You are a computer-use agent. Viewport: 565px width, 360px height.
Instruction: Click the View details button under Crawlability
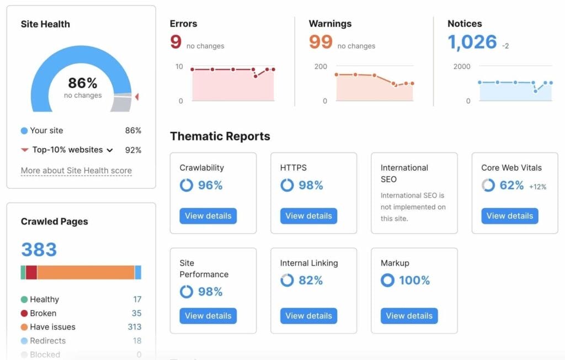[x=208, y=216]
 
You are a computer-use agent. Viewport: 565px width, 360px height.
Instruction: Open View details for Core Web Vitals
[x=509, y=216]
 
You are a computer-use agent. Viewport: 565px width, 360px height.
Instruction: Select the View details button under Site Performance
[x=208, y=316]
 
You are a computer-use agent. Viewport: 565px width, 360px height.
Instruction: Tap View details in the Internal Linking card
[x=308, y=316]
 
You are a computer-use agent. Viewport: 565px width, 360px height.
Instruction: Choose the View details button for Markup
[x=409, y=316]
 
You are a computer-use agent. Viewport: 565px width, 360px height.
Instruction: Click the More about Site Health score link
[x=76, y=171]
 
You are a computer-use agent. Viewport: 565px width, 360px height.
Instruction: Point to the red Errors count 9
[x=176, y=43]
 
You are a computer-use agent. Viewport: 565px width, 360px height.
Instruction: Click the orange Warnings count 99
[x=321, y=43]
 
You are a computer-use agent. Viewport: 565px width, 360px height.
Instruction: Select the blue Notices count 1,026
[x=472, y=43]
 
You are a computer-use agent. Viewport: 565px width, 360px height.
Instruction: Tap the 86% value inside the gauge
[x=83, y=83]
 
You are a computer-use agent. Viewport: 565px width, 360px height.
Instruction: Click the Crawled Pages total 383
[x=39, y=250]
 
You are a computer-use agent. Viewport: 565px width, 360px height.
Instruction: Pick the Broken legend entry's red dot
[x=24, y=313]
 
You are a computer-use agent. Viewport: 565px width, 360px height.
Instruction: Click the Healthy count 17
[x=137, y=299]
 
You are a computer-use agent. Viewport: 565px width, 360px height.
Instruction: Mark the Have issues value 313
[x=135, y=327]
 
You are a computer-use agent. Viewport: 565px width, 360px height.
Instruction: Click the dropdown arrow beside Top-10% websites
[x=110, y=150]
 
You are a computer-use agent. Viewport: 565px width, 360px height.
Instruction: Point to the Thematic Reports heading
[x=220, y=136]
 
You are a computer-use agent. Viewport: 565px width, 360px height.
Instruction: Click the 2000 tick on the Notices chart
[x=461, y=66]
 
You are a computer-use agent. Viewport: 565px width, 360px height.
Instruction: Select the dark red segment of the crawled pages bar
[x=31, y=272]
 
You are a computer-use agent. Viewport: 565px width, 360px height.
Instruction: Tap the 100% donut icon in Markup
[x=387, y=280]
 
